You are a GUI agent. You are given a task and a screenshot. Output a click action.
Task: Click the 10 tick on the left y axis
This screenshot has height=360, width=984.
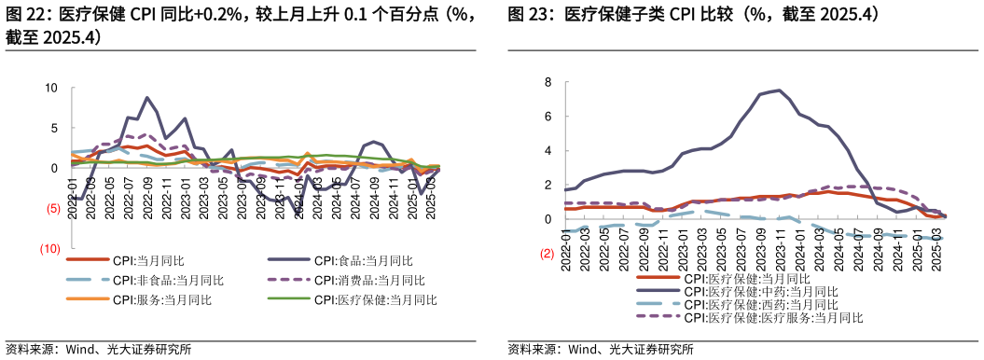(x=51, y=89)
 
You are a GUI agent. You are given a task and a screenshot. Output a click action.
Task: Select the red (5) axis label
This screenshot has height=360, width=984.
(x=53, y=209)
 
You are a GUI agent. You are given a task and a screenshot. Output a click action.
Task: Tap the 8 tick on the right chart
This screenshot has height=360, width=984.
(x=548, y=82)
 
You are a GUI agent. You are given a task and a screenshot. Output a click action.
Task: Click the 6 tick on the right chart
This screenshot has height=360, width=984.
(x=548, y=117)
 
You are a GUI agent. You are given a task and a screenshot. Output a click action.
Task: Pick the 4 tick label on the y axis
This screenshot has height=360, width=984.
(x=548, y=151)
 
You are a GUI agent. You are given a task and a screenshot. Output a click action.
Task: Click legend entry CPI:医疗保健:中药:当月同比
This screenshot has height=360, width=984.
(x=760, y=291)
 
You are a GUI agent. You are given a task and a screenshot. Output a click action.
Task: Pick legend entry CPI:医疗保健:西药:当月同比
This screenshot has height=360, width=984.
(x=760, y=304)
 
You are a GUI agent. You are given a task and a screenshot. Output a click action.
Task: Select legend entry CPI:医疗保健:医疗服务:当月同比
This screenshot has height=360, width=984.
(x=772, y=317)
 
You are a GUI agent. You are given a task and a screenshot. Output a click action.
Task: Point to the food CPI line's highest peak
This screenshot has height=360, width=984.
(x=146, y=97)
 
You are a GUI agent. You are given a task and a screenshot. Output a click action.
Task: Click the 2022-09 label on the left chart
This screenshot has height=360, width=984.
(x=146, y=199)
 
